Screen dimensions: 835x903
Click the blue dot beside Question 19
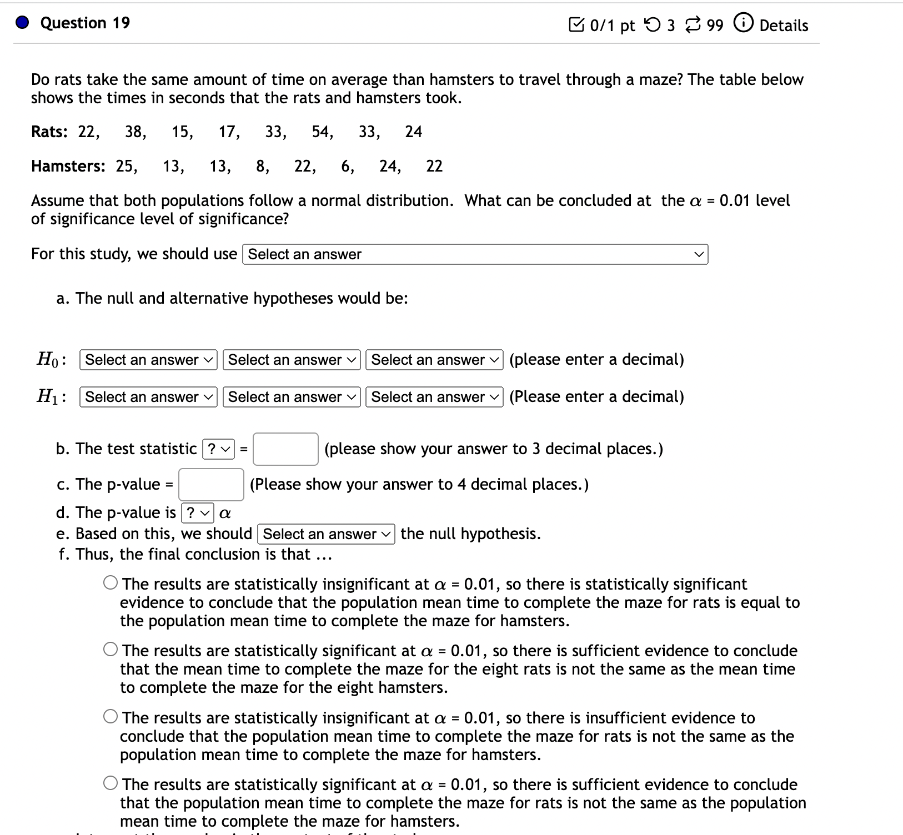pyautogui.click(x=22, y=23)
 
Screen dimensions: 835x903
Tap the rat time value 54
pyautogui.click(x=321, y=132)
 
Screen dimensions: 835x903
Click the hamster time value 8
pyautogui.click(x=261, y=166)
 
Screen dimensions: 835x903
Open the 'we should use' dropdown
pyautogui.click(x=475, y=254)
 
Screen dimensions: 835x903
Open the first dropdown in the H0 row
pyautogui.click(x=148, y=360)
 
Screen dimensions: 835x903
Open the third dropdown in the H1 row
pyautogui.click(x=434, y=397)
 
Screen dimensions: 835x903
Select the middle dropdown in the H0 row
pyautogui.click(x=292, y=360)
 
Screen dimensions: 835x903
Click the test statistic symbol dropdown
pyautogui.click(x=219, y=449)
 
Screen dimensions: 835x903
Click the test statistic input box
pyautogui.click(x=285, y=449)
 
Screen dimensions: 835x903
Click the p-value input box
pyautogui.click(x=211, y=485)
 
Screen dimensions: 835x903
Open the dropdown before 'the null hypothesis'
pyautogui.click(x=326, y=534)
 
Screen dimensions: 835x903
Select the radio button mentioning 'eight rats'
pyautogui.click(x=111, y=650)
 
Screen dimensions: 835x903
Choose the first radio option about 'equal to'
pyautogui.click(x=111, y=583)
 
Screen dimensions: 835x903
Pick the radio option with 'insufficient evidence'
pyautogui.click(x=111, y=717)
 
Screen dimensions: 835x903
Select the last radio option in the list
pyautogui.click(x=111, y=783)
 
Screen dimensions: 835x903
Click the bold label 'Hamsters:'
pyautogui.click(x=68, y=166)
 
